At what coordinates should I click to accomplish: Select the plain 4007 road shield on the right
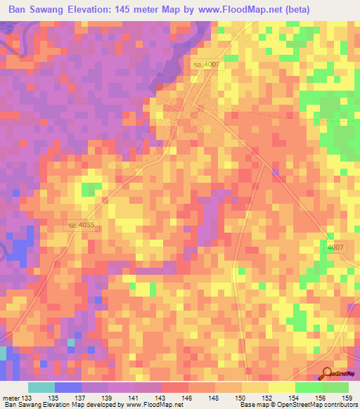(x=335, y=248)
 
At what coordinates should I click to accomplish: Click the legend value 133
(x=28, y=397)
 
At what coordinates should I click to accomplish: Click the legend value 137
(x=82, y=397)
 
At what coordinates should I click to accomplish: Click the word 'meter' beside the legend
(x=10, y=397)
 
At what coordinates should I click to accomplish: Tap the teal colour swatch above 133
(x=41, y=387)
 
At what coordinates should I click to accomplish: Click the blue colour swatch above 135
(x=68, y=387)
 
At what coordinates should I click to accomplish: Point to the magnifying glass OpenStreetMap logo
(x=328, y=373)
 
